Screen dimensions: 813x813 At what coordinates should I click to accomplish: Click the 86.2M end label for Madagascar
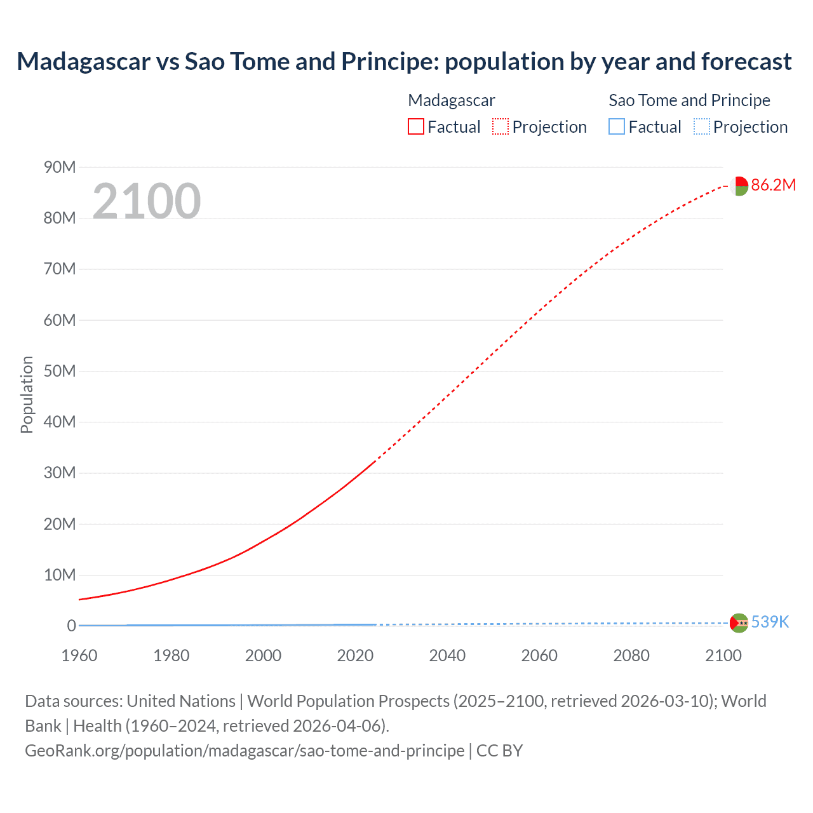pyautogui.click(x=773, y=185)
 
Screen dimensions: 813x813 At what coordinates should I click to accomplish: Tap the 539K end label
pyautogui.click(x=770, y=622)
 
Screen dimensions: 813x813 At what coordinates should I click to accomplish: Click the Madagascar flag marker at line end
pyautogui.click(x=739, y=186)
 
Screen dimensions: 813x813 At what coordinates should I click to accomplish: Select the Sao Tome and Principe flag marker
pyautogui.click(x=739, y=623)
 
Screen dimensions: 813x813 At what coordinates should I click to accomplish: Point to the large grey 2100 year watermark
pyautogui.click(x=147, y=201)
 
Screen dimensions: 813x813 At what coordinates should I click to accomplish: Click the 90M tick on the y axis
pyautogui.click(x=60, y=167)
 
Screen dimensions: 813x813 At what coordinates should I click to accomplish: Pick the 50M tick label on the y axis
pyautogui.click(x=60, y=371)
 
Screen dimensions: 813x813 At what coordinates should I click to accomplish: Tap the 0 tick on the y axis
pyautogui.click(x=71, y=626)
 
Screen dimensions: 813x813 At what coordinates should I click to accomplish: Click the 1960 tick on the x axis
pyautogui.click(x=79, y=655)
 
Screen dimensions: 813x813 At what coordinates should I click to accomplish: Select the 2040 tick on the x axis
pyautogui.click(x=447, y=655)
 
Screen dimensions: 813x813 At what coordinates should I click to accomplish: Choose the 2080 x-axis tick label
pyautogui.click(x=631, y=655)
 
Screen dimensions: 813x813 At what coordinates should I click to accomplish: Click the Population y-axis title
pyautogui.click(x=27, y=394)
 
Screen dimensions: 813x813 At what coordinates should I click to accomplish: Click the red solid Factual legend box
pyautogui.click(x=416, y=127)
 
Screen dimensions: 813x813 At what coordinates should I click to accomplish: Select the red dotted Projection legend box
pyautogui.click(x=501, y=127)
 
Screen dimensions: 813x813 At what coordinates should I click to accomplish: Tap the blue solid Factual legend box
pyautogui.click(x=617, y=127)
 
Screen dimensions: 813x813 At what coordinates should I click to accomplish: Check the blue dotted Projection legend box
pyautogui.click(x=702, y=127)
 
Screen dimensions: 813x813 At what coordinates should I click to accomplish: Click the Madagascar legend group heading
pyautogui.click(x=451, y=100)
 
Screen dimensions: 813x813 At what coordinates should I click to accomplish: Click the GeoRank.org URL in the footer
pyautogui.click(x=245, y=750)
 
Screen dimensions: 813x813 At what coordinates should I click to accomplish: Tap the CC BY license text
pyautogui.click(x=499, y=750)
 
